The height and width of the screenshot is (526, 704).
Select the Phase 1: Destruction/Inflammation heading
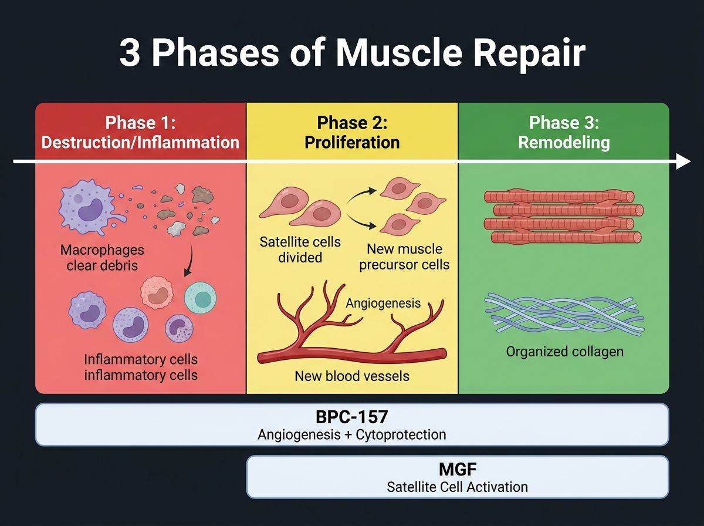click(140, 133)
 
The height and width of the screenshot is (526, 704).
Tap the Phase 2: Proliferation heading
click(352, 133)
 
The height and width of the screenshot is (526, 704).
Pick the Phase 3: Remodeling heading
click(563, 133)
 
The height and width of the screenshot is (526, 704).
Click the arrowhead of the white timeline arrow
click(683, 161)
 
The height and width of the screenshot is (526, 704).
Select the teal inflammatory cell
click(201, 298)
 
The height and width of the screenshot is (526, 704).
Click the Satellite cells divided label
click(300, 249)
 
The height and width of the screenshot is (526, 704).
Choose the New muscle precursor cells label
click(404, 257)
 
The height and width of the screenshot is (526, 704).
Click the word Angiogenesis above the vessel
click(383, 303)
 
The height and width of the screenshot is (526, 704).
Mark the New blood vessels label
click(352, 376)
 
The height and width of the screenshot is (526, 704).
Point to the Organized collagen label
click(564, 352)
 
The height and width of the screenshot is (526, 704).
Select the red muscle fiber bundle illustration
click(563, 216)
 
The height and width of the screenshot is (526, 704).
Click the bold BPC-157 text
click(352, 417)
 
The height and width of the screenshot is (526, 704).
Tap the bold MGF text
click(457, 470)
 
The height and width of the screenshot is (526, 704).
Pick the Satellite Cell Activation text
click(457, 487)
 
